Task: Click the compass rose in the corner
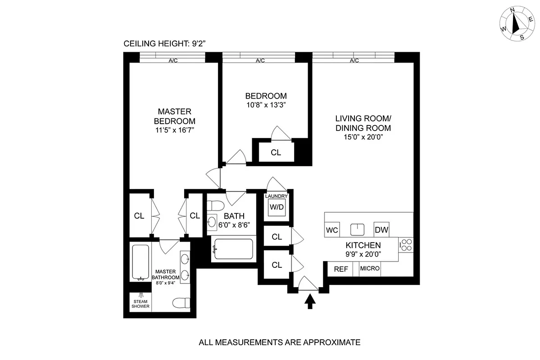click(515, 25)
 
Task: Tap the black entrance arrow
click(310, 301)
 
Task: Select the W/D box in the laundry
click(276, 207)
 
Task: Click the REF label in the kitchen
click(340, 269)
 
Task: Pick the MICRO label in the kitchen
click(370, 269)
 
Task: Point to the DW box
click(381, 229)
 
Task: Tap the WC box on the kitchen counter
click(331, 229)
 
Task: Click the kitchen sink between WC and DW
click(357, 229)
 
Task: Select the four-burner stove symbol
click(406, 245)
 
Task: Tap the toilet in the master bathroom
click(182, 302)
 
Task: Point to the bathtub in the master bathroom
click(141, 262)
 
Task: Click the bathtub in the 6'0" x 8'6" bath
click(233, 249)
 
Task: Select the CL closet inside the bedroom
click(276, 153)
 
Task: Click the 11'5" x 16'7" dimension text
click(174, 130)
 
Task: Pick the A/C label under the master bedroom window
click(173, 61)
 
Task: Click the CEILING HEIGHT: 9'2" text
click(164, 44)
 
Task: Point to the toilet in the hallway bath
click(216, 206)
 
